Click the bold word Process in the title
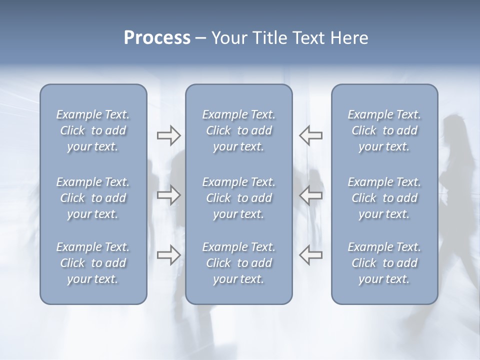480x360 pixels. pos(157,38)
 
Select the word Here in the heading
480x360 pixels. pos(348,38)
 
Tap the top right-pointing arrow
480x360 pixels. pos(168,135)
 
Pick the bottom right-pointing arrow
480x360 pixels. pos(168,254)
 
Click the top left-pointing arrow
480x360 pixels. pos(311,135)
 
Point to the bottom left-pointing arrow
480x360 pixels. pos(311,254)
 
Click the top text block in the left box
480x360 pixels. pos(93,130)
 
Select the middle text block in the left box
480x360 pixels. pos(93,198)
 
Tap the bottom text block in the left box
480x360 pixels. pos(93,263)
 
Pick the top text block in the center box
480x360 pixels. pos(239,130)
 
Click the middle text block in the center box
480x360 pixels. pos(239,198)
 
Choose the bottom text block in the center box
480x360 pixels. pos(239,263)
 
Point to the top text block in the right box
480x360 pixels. pos(384,130)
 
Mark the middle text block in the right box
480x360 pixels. pos(384,198)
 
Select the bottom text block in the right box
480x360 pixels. pos(384,263)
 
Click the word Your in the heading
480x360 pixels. pos(228,38)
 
